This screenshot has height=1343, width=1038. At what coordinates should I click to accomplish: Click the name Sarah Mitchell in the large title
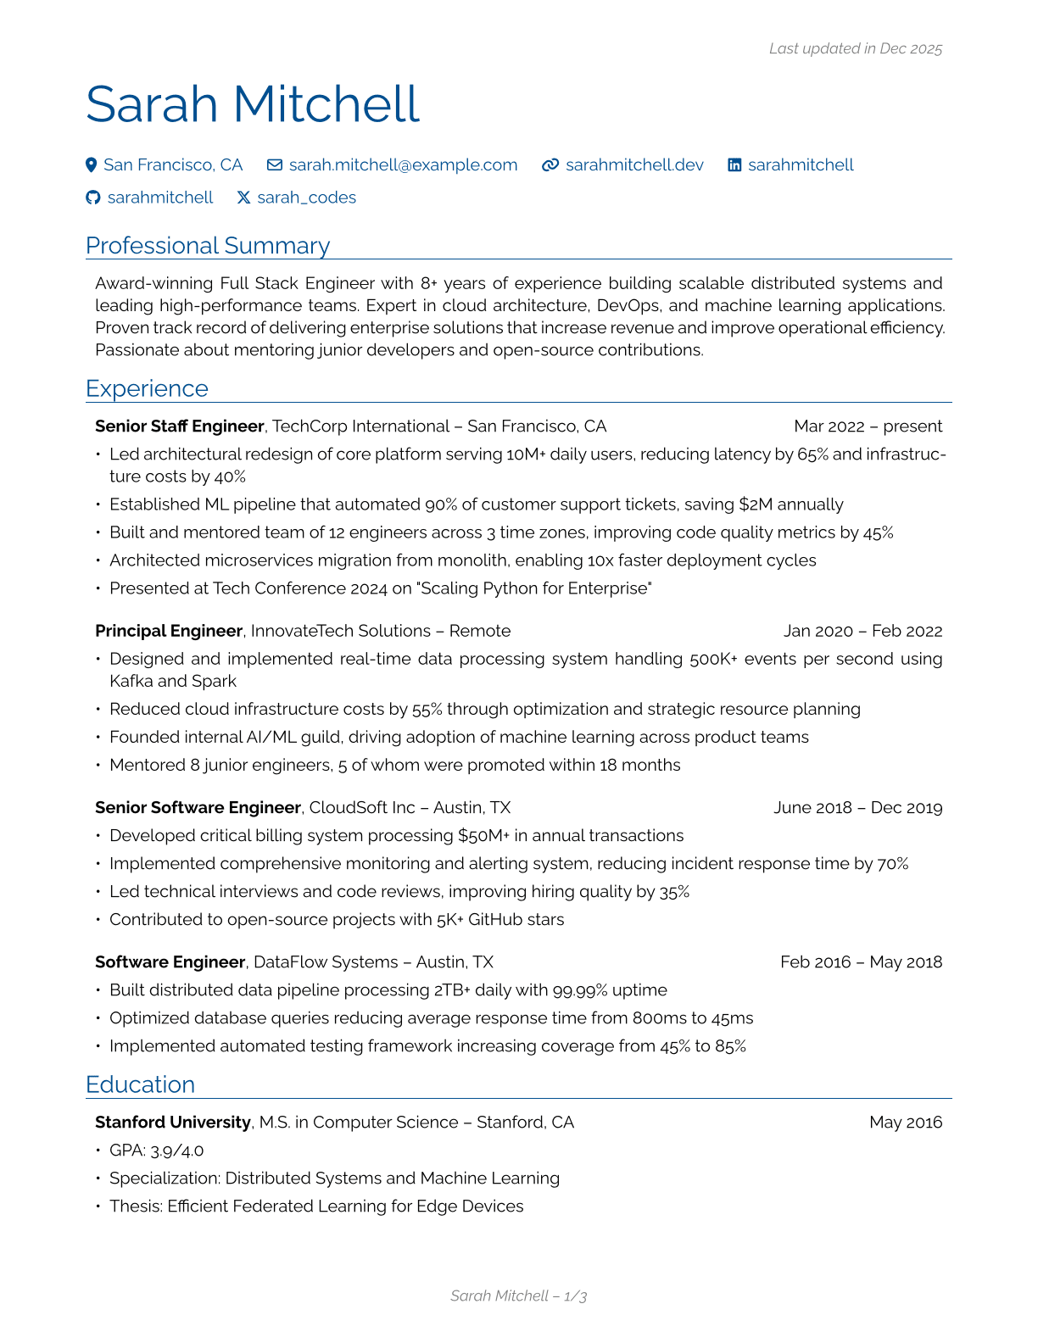click(x=253, y=104)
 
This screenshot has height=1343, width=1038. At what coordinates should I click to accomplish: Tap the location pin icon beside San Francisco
click(x=92, y=165)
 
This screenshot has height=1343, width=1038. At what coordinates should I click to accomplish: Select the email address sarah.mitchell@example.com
click(x=403, y=165)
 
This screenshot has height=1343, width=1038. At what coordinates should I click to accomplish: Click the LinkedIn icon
click(x=734, y=165)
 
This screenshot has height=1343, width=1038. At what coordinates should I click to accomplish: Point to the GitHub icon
click(x=93, y=198)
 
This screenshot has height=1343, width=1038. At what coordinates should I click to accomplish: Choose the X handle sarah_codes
click(x=306, y=198)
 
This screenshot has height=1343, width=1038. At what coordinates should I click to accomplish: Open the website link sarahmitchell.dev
click(x=634, y=165)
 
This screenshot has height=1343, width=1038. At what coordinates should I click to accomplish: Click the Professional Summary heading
click(x=208, y=246)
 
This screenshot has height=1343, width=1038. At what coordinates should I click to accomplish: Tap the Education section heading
click(x=141, y=1084)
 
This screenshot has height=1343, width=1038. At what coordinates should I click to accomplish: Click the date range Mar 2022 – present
click(x=868, y=426)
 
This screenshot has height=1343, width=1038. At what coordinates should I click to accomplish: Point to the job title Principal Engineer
click(x=169, y=631)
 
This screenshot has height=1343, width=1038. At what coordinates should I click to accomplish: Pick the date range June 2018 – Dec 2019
click(x=857, y=808)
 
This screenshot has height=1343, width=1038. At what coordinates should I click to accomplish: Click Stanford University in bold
click(x=173, y=1123)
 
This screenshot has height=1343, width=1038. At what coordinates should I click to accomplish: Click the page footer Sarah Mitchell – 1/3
click(x=518, y=1296)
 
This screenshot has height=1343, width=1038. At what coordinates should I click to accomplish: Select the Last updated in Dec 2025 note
click(x=855, y=49)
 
